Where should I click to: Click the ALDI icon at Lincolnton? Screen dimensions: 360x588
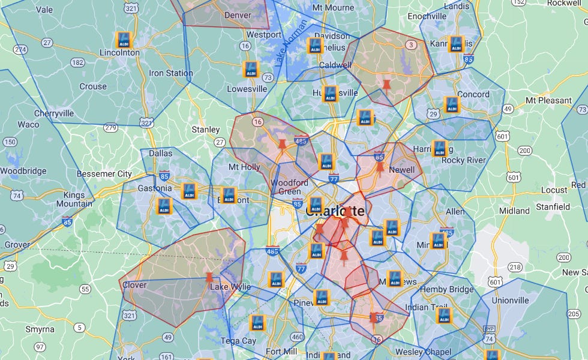124,40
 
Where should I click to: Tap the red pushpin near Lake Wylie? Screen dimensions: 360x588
209,278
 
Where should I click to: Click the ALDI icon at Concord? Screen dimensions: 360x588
452,105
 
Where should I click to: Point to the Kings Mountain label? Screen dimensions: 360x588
74,199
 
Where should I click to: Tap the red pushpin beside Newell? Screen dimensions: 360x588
379,167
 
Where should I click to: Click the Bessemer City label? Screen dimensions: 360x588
104,174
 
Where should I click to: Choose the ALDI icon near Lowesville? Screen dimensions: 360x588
251,69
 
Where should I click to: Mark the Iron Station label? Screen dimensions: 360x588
171,73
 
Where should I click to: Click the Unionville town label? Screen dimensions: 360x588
511,300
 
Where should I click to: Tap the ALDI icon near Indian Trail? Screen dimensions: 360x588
444,316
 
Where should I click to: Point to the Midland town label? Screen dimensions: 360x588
514,211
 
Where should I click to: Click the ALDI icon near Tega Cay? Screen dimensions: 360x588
257,323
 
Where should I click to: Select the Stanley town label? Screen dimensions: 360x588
206,130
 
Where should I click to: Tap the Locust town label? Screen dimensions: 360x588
554,190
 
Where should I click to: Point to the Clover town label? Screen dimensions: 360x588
134,286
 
